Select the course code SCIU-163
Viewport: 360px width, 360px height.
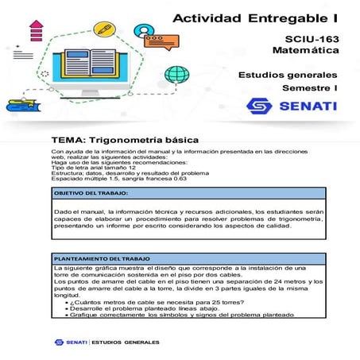(x=312, y=39)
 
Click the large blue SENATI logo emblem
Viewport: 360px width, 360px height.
(x=259, y=106)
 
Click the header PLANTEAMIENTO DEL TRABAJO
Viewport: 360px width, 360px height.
(x=101, y=260)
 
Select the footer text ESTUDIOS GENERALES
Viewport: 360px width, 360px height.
(x=126, y=343)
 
